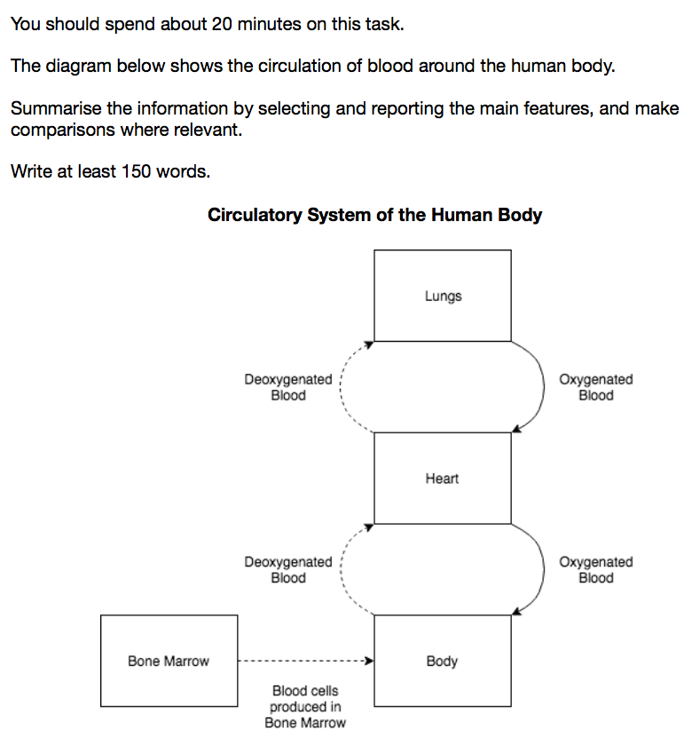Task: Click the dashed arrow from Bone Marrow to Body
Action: (305, 661)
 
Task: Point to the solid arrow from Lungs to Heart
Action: (544, 386)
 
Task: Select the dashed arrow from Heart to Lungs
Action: (341, 386)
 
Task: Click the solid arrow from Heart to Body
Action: (544, 569)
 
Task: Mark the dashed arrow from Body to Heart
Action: (341, 569)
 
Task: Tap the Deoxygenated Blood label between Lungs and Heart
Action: (288, 387)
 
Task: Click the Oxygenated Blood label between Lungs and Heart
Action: (596, 387)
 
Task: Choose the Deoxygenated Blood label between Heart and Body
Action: (288, 570)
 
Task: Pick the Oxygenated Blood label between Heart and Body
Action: (596, 570)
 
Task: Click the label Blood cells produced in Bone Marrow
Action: (305, 707)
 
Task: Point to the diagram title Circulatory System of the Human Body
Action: (374, 215)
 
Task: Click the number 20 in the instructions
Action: (222, 24)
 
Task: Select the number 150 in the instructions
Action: (136, 171)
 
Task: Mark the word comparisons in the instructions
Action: (62, 131)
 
